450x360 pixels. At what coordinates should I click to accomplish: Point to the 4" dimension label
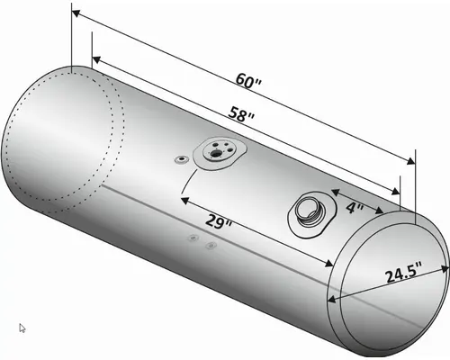(354, 208)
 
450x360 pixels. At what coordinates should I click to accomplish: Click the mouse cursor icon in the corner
(22, 328)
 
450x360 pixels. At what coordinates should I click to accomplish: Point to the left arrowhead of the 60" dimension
(76, 15)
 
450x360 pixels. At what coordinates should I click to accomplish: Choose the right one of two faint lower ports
(211, 245)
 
